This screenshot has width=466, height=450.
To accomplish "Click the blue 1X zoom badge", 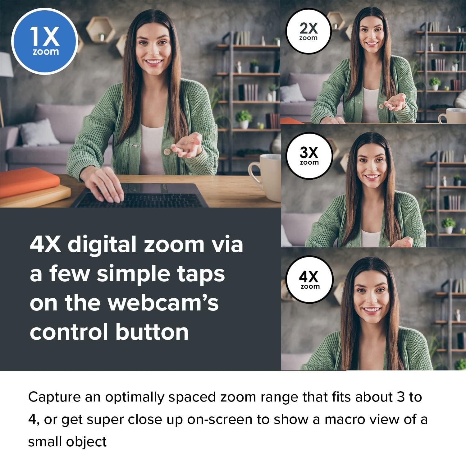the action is click(x=44, y=41).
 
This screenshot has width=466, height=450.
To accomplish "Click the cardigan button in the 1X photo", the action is click(x=167, y=151).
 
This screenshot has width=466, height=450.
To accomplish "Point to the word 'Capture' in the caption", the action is click(x=54, y=398).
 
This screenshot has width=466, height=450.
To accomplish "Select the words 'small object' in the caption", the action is click(x=67, y=442).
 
